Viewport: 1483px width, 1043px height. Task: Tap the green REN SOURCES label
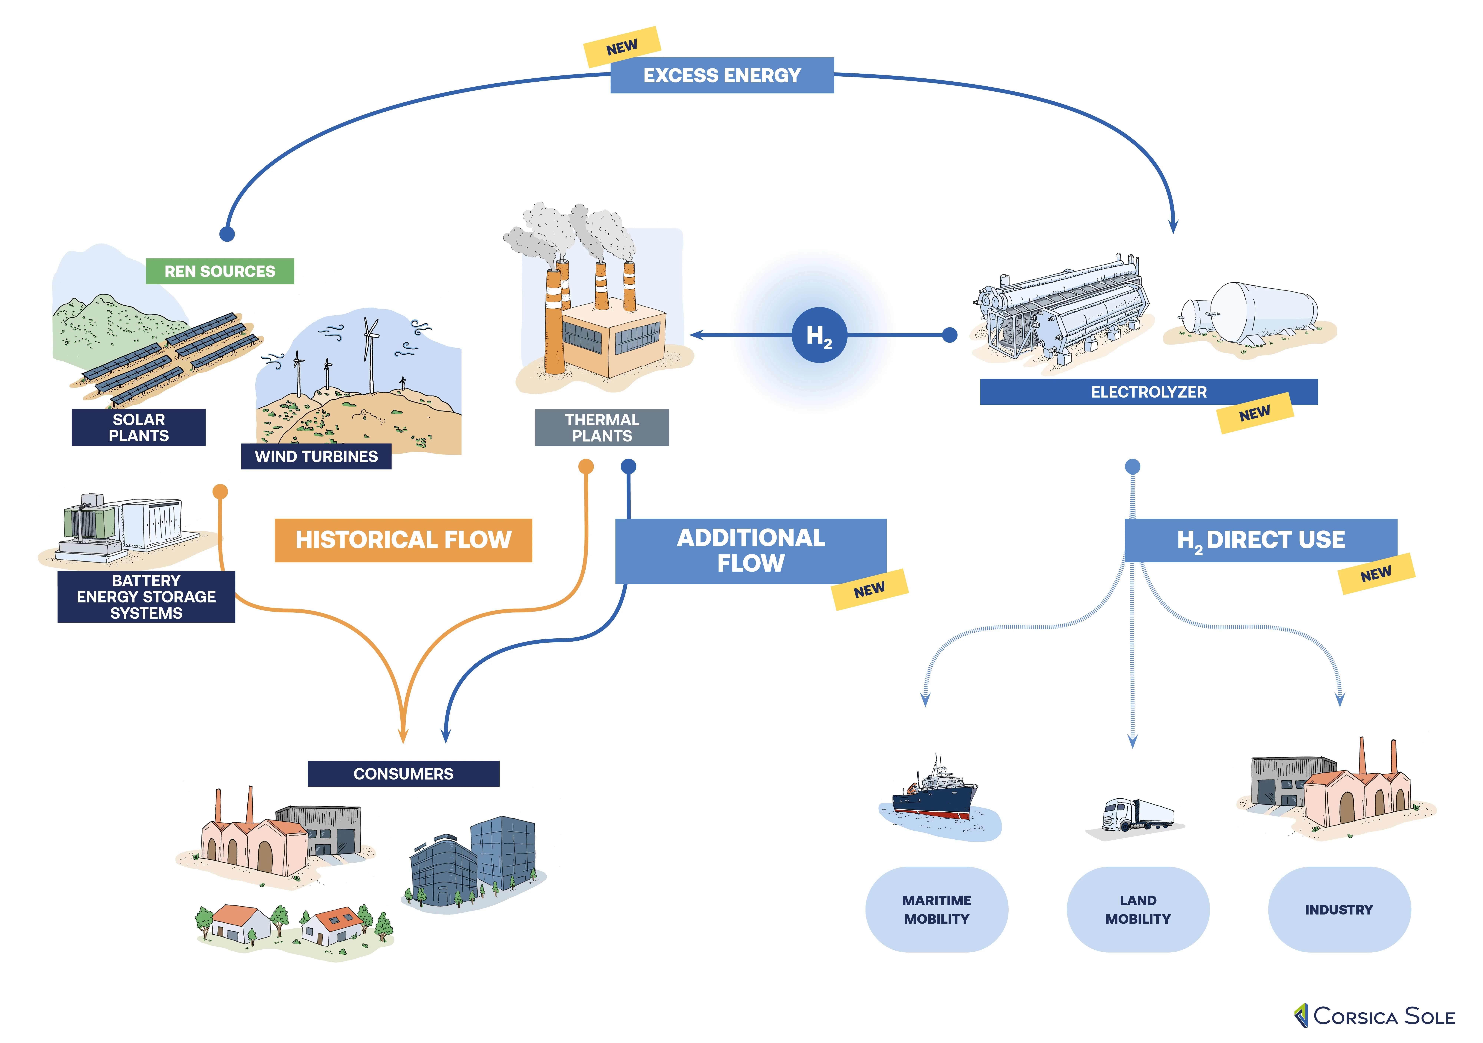pos(220,271)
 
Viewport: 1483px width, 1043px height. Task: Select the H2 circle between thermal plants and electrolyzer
pos(819,335)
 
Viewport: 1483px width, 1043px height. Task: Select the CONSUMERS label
pos(403,774)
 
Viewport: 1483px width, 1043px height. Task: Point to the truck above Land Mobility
pos(1137,815)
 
